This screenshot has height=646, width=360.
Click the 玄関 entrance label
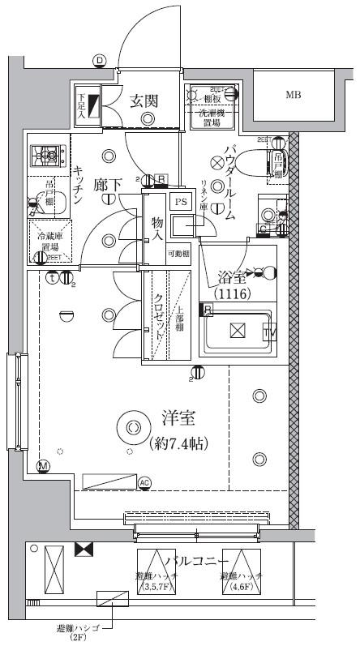143,101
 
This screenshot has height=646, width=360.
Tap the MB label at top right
293,95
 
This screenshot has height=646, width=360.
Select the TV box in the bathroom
268,332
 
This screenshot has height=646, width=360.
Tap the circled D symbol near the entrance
99,60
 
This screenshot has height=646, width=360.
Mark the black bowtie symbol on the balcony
83,550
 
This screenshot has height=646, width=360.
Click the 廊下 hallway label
107,185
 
